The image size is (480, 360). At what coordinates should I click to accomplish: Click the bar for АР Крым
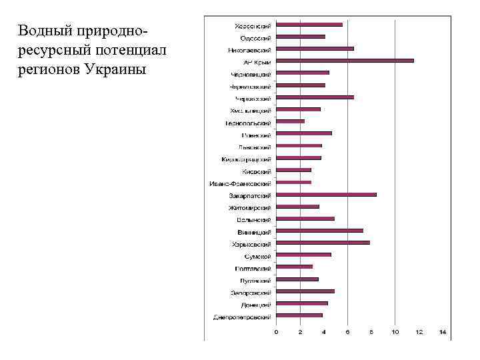(x=345, y=61)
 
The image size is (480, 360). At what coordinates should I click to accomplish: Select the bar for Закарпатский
(x=326, y=195)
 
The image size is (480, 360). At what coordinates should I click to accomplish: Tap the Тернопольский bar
(x=290, y=121)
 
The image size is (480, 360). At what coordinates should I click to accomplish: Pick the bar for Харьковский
(x=323, y=243)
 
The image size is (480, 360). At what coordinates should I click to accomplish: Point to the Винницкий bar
(x=319, y=231)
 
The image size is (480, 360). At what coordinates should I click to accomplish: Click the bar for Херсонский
(x=309, y=25)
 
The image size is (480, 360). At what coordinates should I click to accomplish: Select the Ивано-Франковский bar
(x=293, y=182)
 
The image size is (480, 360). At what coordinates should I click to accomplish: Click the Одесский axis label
(x=255, y=37)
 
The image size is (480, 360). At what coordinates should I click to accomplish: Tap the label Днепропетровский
(x=242, y=316)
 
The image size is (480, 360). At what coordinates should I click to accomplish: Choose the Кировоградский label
(x=246, y=159)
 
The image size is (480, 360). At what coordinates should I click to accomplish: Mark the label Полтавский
(x=253, y=268)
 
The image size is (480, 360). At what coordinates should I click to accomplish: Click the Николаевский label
(x=249, y=49)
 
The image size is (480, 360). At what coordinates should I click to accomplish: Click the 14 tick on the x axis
(x=442, y=331)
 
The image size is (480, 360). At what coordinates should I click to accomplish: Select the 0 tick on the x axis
(x=277, y=331)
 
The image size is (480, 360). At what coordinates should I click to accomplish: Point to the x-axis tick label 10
(x=395, y=331)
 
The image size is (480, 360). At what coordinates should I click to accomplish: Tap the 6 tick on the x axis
(x=347, y=331)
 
